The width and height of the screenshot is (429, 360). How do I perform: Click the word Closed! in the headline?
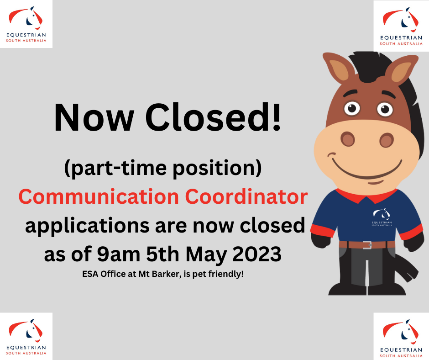pos(213,117)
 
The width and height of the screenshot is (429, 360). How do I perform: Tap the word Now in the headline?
pos(94,118)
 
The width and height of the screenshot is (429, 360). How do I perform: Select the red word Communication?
pos(99,196)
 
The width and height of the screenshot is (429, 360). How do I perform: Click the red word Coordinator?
pos(246,196)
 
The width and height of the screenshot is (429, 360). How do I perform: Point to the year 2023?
pos(257,254)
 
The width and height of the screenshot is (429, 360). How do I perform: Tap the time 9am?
pos(119,254)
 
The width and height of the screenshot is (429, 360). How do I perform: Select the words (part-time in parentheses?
pos(115,168)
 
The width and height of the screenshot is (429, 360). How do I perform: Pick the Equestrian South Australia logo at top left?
pos(26,24)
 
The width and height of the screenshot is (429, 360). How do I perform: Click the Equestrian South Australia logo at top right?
pos(401,26)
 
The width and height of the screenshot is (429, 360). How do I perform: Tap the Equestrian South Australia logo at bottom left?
pos(26,336)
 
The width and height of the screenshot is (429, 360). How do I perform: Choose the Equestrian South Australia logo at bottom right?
pos(401,337)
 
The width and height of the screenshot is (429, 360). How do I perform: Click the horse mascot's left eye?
pos(352,108)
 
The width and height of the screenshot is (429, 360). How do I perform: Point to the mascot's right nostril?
pos(387,140)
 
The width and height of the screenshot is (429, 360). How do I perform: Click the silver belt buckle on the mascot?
pos(367,245)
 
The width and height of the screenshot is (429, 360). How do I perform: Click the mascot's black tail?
pos(405,267)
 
